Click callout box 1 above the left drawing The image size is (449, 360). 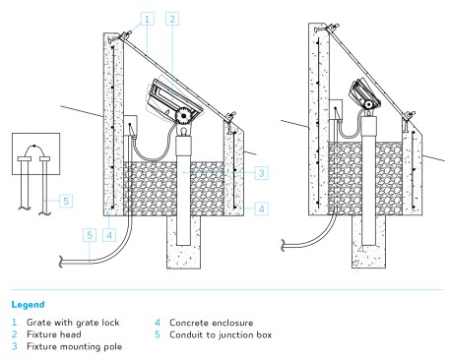click(147, 19)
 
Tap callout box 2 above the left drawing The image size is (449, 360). click(172, 19)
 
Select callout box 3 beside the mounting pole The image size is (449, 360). click(261, 173)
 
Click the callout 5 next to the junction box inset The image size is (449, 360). click(66, 201)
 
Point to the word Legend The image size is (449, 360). click(28, 305)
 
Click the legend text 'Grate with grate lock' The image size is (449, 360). click(73, 323)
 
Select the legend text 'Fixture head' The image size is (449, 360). click(54, 334)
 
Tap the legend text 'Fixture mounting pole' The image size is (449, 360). click(74, 346)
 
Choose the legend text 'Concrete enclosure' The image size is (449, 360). click(212, 323)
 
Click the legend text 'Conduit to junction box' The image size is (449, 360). click(221, 334)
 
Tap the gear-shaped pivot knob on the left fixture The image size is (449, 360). click(182, 116)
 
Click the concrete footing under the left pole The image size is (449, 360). click(183, 242)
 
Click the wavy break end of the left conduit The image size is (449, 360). click(61, 262)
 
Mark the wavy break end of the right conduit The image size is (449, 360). click(284, 245)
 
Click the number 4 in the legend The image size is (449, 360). click(158, 323)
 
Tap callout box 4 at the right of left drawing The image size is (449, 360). click(261, 209)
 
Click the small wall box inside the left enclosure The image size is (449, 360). click(130, 126)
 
